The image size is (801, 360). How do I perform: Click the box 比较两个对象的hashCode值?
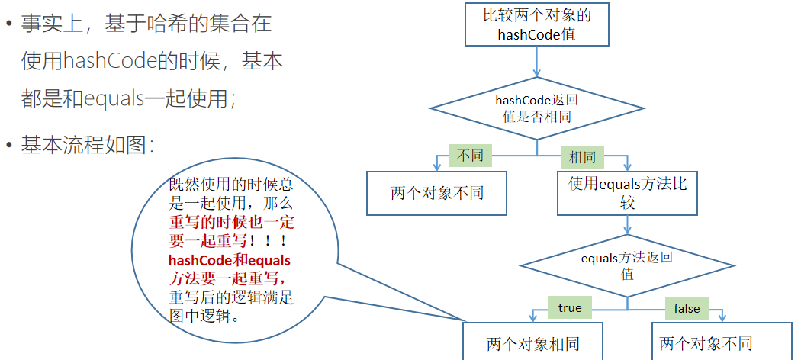(536, 24)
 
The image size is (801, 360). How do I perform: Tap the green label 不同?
(470, 156)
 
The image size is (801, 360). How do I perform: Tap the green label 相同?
(582, 157)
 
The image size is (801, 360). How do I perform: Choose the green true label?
(570, 308)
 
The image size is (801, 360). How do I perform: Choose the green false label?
(686, 308)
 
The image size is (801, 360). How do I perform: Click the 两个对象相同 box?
(532, 343)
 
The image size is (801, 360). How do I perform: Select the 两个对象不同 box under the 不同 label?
(436, 192)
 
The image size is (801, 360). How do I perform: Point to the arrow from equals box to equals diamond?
(627, 224)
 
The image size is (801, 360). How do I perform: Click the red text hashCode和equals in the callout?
(229, 260)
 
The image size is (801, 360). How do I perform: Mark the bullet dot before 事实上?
(9, 24)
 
